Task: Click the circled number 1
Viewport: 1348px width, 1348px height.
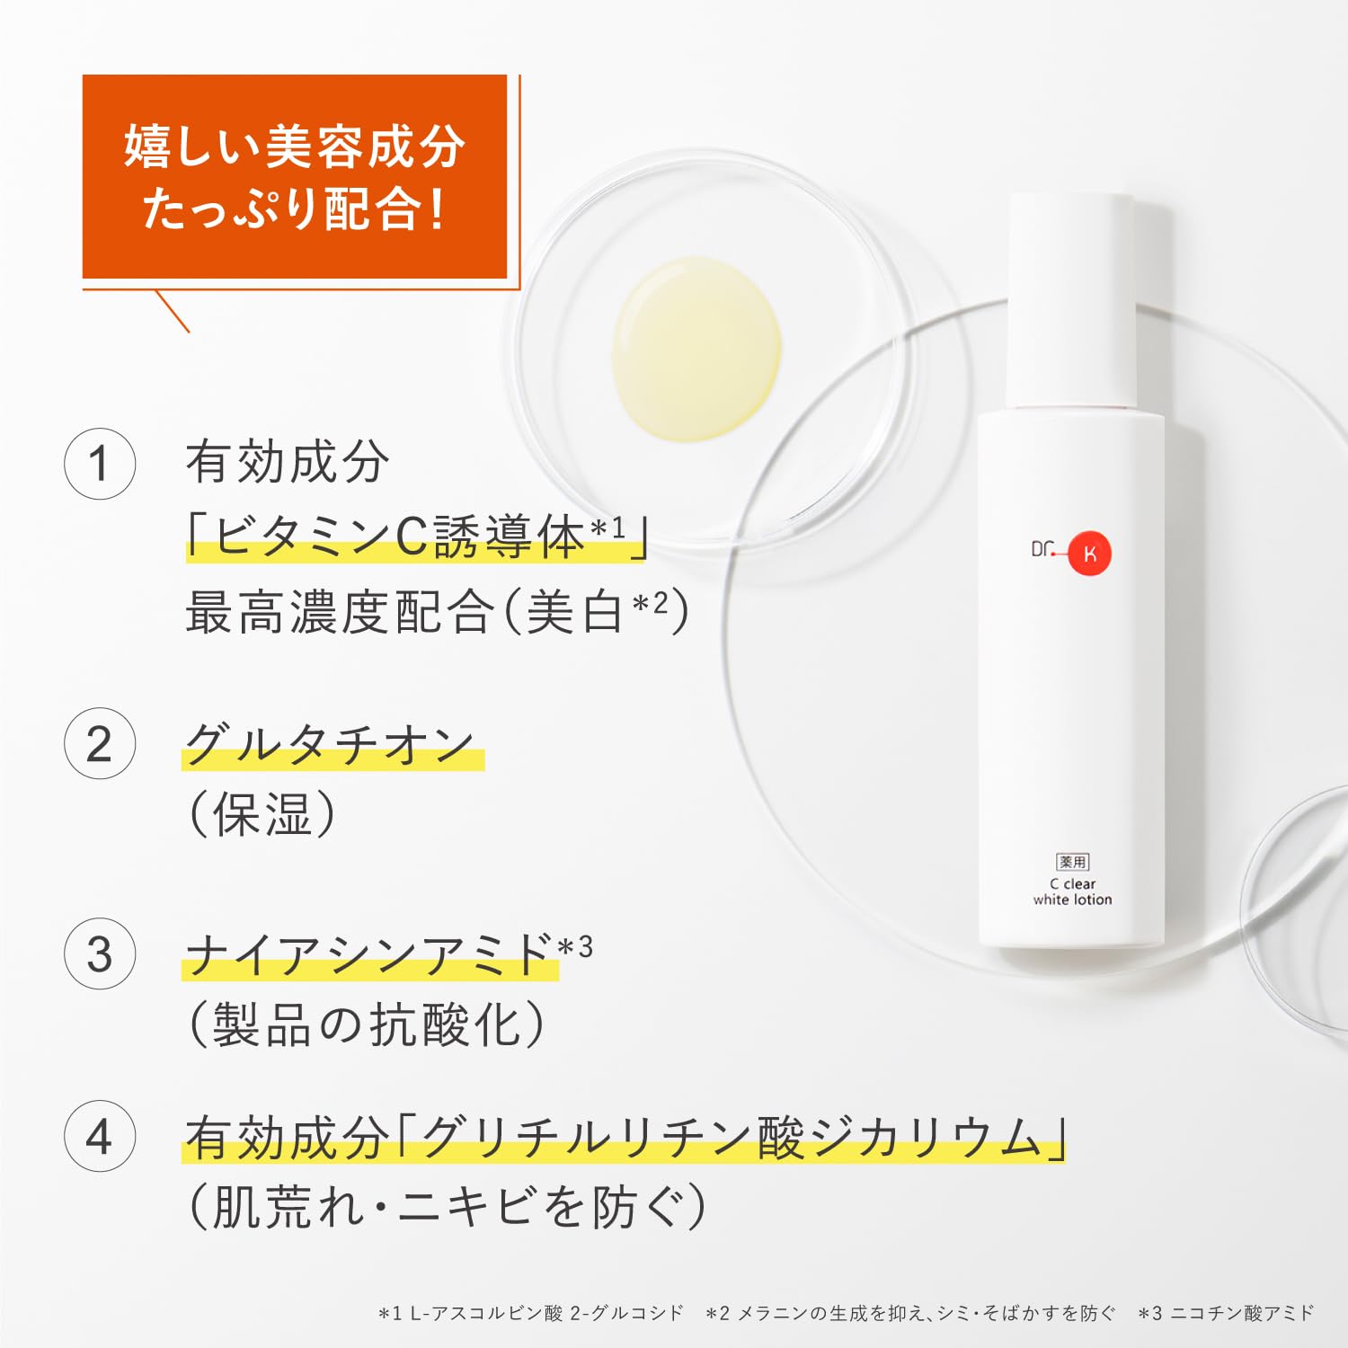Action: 100,464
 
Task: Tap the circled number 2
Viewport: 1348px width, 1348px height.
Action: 100,743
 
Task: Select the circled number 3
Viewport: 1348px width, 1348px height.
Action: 100,953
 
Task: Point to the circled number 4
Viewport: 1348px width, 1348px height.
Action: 100,1137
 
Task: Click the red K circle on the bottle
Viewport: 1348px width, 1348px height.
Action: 1089,554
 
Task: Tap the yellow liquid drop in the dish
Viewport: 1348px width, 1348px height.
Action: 696,349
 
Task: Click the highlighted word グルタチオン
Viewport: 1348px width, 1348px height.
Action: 330,745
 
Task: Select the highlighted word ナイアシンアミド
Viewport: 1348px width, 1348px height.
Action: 368,954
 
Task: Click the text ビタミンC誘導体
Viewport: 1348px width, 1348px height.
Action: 400,537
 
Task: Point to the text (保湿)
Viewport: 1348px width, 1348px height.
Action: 262,814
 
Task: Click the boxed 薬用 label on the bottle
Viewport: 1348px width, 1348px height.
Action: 1072,862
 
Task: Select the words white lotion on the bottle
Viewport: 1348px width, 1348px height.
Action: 1072,900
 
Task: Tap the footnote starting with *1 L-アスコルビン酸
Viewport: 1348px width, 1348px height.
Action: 530,1314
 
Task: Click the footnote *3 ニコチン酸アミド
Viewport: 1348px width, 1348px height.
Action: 1226,1314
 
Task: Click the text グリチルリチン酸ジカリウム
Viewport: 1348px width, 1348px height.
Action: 728,1138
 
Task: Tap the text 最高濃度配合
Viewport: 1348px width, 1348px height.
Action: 340,613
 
